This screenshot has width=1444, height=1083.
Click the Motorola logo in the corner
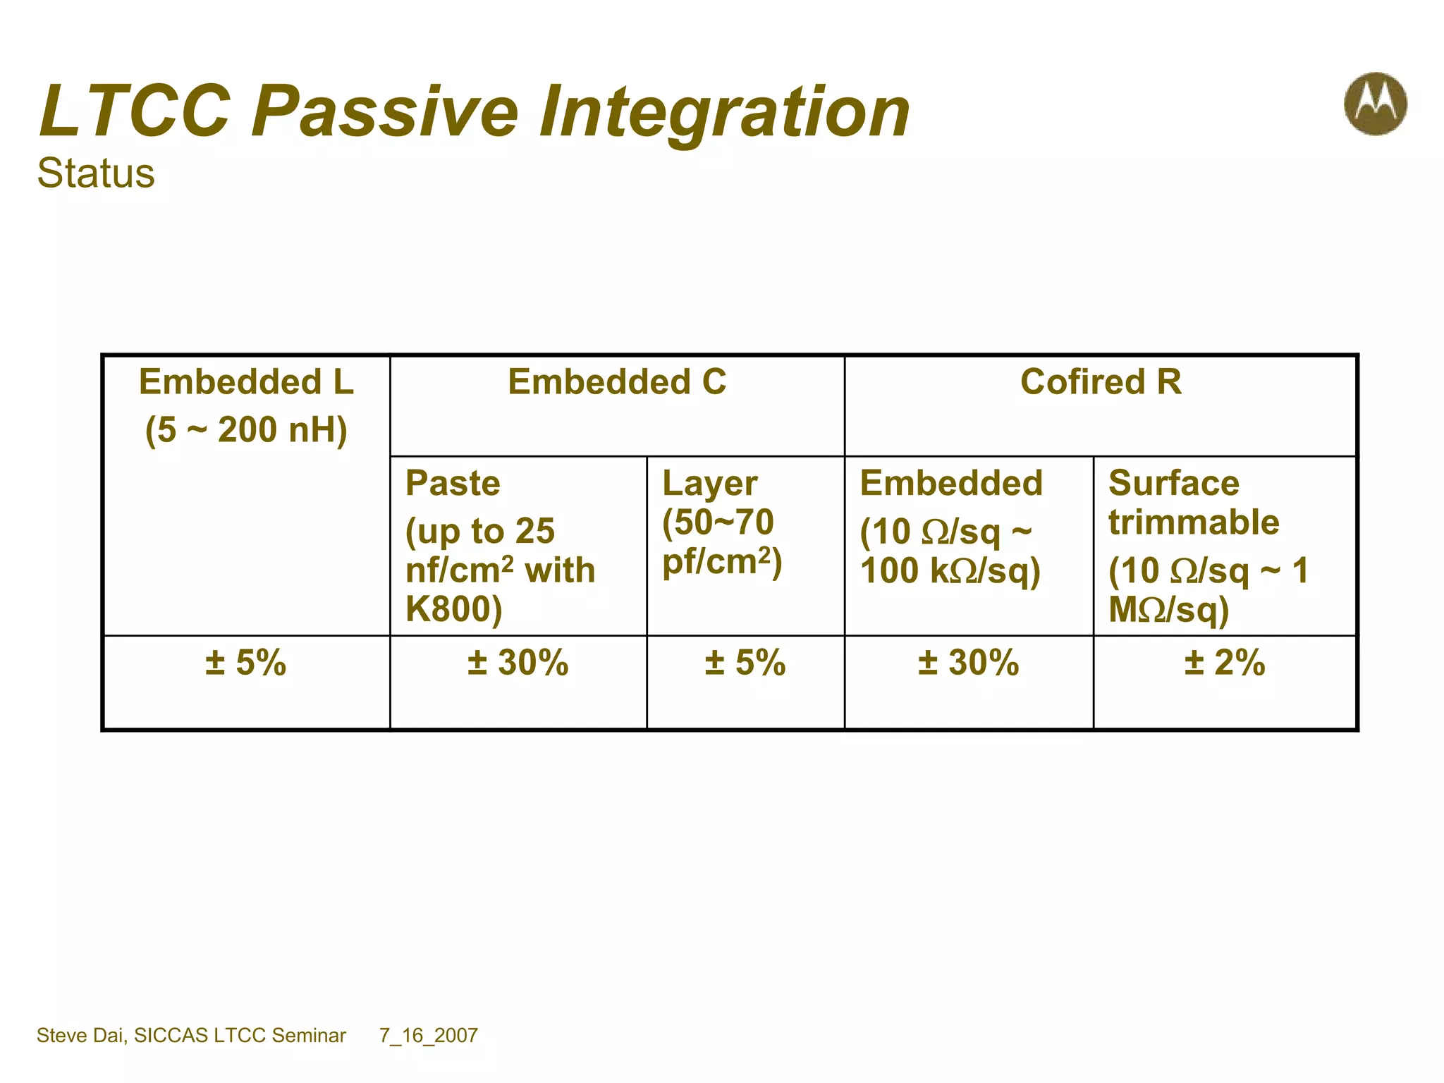coord(1375,104)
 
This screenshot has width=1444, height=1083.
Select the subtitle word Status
coord(96,173)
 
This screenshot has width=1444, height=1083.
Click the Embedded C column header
coord(617,382)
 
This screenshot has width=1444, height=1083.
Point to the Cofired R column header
coord(1101,382)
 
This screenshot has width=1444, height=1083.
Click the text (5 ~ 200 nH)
coord(246,430)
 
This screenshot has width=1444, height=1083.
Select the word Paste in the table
coord(453,484)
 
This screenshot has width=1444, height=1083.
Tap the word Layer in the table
coord(709,484)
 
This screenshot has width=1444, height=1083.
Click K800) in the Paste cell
coord(453,609)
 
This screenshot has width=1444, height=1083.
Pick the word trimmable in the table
coord(1194,522)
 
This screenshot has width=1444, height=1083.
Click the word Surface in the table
coord(1173,484)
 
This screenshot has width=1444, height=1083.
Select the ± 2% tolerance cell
coord(1225,663)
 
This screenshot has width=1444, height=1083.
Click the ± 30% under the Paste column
coord(518,663)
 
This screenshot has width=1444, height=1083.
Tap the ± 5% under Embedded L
coord(246,663)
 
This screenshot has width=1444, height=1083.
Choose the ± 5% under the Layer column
coord(745,663)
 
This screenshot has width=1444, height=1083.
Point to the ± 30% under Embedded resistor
coord(969,663)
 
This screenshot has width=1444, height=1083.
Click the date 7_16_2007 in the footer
coord(429,1035)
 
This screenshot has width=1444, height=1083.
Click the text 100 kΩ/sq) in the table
coord(950,571)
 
